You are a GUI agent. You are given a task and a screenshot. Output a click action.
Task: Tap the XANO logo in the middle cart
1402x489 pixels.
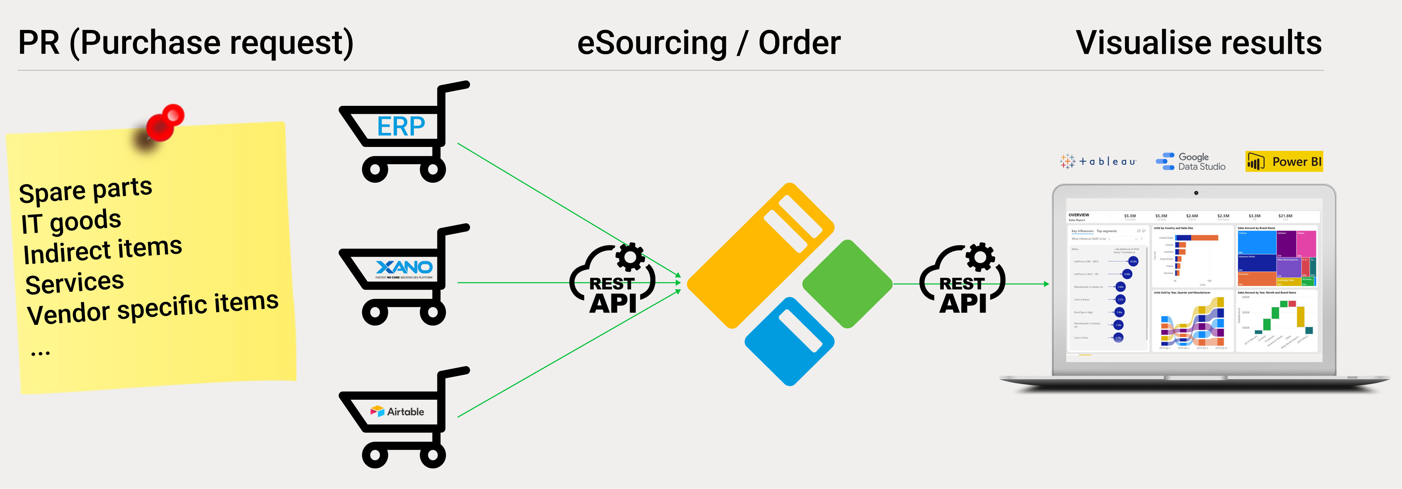(404, 268)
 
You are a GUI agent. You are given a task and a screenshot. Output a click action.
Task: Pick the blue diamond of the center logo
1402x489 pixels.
(789, 341)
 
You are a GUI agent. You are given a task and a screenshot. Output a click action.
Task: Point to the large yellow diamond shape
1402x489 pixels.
(761, 256)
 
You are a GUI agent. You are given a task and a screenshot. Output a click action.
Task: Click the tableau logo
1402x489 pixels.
(1098, 161)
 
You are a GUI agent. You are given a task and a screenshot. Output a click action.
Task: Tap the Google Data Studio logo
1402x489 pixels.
(1191, 162)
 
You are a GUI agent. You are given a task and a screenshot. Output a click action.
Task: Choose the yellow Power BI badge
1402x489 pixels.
(1284, 162)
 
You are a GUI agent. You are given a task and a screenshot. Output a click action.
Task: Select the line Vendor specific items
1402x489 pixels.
(152, 308)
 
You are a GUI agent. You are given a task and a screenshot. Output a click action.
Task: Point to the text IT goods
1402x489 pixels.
(71, 221)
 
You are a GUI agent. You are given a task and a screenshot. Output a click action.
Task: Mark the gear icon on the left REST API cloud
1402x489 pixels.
(630, 257)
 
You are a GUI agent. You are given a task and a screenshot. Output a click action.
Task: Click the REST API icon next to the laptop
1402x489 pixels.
(962, 281)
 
